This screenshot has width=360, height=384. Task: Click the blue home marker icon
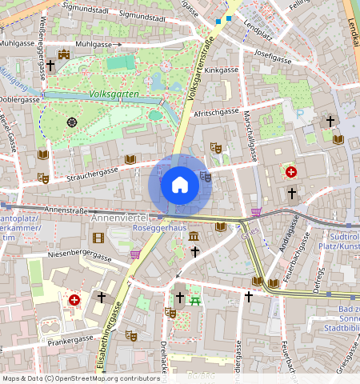(x=180, y=186)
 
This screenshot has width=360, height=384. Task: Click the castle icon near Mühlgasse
(x=64, y=54)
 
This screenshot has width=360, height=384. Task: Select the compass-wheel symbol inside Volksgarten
(x=72, y=122)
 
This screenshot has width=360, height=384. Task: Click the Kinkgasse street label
(x=222, y=70)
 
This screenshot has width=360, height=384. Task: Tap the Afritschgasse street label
(x=218, y=112)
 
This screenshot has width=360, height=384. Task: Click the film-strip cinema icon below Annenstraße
(x=98, y=238)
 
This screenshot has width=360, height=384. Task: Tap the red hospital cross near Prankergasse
(x=74, y=299)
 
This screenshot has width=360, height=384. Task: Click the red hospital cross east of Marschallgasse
(x=291, y=172)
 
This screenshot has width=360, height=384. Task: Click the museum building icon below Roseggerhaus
(x=194, y=236)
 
